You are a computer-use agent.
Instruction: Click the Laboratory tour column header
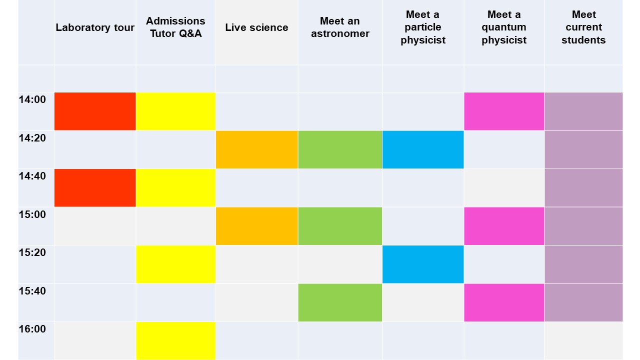(x=95, y=27)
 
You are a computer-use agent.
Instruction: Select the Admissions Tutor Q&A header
(x=175, y=27)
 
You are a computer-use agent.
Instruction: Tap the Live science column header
(x=256, y=27)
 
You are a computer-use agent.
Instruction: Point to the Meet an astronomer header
(x=340, y=27)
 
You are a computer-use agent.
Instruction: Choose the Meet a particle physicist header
(x=423, y=27)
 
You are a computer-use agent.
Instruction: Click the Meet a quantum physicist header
(x=504, y=27)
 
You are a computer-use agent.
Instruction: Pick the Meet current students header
(x=583, y=27)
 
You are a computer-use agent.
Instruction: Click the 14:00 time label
(x=32, y=99)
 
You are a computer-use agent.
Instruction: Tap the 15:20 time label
(x=32, y=252)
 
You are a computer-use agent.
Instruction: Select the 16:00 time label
(x=32, y=329)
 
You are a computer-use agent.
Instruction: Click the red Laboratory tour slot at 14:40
(x=95, y=187)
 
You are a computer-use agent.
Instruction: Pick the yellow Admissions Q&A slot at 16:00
(x=175, y=340)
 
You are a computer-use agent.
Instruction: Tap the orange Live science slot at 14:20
(x=256, y=149)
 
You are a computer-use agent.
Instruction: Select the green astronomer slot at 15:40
(x=340, y=302)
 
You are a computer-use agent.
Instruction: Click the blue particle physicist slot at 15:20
(x=423, y=264)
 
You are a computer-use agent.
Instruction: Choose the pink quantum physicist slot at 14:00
(x=504, y=111)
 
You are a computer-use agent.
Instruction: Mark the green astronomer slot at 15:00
(x=340, y=226)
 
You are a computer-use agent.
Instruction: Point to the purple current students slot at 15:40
(x=583, y=302)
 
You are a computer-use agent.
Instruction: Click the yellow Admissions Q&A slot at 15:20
(x=175, y=264)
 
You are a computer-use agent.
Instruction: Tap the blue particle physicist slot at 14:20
(x=423, y=149)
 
